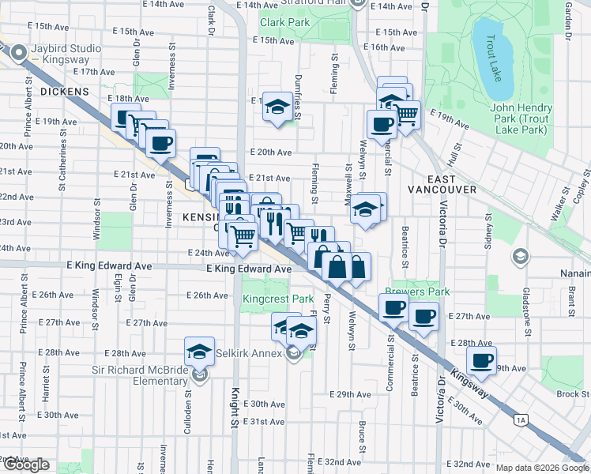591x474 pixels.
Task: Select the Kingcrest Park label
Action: (278, 299)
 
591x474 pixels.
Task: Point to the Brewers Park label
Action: (417, 292)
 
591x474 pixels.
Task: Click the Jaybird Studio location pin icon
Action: (18, 54)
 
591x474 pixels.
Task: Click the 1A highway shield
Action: (521, 419)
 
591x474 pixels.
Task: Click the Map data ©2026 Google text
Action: (542, 468)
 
